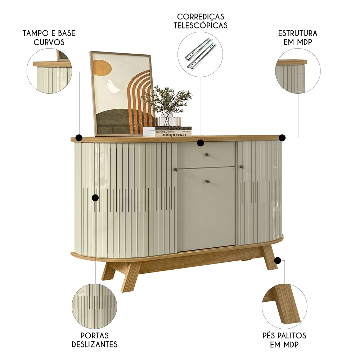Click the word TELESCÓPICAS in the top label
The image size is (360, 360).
pos(201,25)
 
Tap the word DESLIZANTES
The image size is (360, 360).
pos(94,344)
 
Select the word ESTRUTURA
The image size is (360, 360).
pos(298,33)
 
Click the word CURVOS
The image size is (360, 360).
pos(49,42)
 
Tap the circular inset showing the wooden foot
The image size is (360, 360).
pos(284,306)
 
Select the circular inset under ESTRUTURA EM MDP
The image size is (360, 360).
pos(298,71)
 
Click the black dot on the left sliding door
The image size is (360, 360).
pos(95,198)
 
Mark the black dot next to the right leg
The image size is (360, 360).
pos(278,260)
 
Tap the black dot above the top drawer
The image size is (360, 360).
pos(201,143)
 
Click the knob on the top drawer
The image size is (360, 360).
pos(207,155)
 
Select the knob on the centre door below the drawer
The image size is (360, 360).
pos(207,181)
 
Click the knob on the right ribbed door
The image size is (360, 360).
pos(242,167)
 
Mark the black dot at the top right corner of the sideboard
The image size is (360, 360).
pos(282,138)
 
